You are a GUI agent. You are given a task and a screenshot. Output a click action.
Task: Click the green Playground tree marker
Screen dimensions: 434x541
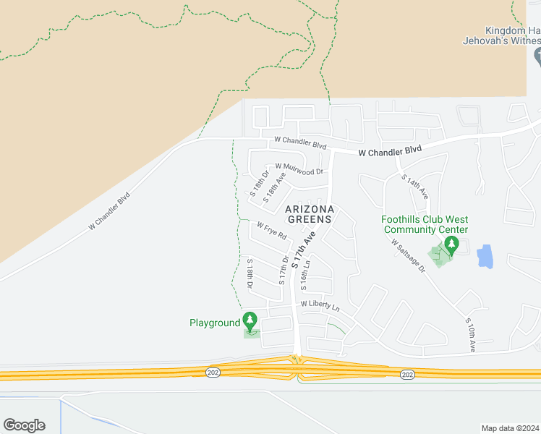pyautogui.click(x=250, y=320)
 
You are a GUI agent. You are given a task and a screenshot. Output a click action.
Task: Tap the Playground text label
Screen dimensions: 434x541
pyautogui.click(x=214, y=323)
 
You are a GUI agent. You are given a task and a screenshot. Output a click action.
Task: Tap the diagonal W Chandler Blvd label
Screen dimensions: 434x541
pyautogui.click(x=109, y=210)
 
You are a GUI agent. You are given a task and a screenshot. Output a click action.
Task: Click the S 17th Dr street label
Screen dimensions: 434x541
pyautogui.click(x=284, y=269)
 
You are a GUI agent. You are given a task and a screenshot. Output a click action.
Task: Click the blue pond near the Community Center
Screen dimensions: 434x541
pyautogui.click(x=485, y=255)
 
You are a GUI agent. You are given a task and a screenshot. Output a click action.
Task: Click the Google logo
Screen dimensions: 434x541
pyautogui.click(x=24, y=425)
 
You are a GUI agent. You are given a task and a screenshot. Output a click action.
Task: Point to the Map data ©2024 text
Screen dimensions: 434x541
pyautogui.click(x=511, y=428)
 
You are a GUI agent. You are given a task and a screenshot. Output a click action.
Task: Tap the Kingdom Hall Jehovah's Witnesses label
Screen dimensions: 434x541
pyautogui.click(x=502, y=35)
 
